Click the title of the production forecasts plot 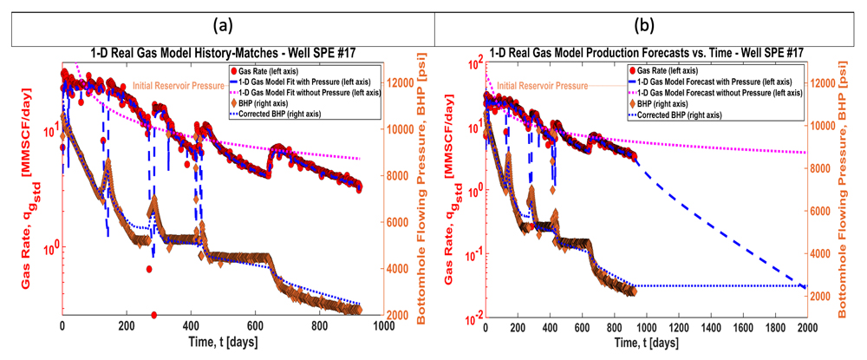tap(643, 53)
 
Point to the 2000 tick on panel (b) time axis tap(806, 331)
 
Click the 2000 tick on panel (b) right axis tap(826, 296)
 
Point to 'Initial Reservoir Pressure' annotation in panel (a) tap(179, 86)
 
